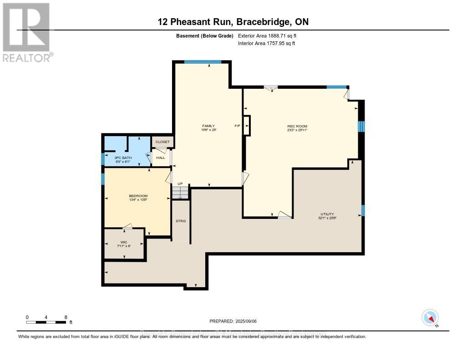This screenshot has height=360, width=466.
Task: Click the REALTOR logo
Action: coord(26,32)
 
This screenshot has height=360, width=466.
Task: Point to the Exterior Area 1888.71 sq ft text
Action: coord(267,35)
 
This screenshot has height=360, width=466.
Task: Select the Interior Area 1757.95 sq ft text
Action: coord(266,43)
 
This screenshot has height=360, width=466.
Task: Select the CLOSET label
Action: coord(162,142)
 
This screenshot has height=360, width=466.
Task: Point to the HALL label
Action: coord(161,157)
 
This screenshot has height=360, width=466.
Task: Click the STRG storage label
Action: coord(181,221)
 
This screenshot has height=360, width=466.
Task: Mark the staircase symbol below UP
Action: coord(180,193)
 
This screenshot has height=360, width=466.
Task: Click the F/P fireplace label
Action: coord(237,126)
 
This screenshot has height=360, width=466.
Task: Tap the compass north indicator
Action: coord(430,317)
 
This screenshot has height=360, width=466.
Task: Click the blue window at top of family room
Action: coord(203,62)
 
